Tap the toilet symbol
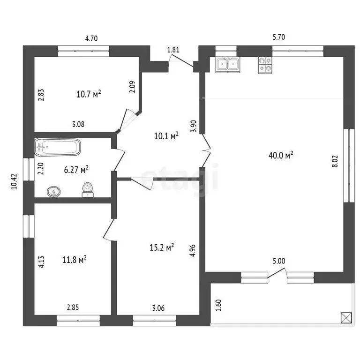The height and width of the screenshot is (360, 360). coord(87,189)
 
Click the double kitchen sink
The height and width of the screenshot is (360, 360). coord(228,65)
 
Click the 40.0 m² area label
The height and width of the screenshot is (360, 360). coord(281,155)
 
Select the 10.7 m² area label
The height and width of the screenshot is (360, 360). coord(89,94)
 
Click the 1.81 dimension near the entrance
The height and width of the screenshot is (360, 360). coord(173,50)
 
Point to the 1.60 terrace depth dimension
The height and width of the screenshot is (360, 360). coord(218,305)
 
